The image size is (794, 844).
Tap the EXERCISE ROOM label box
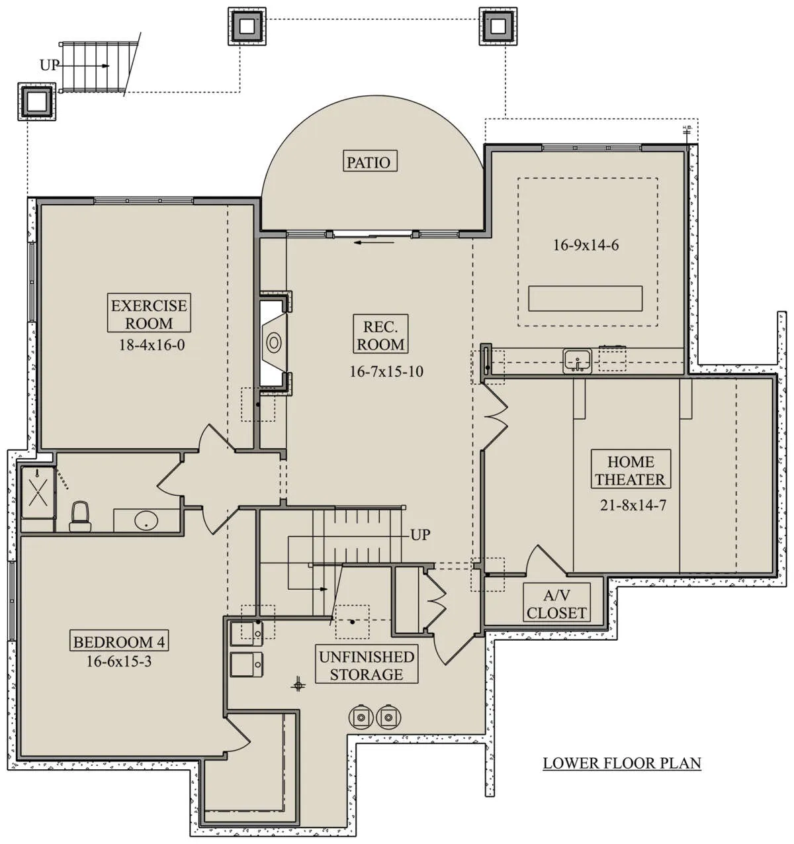point(149,312)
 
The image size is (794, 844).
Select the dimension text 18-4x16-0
point(152,345)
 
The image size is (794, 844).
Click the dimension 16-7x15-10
point(386,371)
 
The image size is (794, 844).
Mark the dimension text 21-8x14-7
point(633,505)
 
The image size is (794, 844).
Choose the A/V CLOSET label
point(556,604)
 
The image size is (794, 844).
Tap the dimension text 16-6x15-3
point(119,661)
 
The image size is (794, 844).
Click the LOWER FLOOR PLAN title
point(622,763)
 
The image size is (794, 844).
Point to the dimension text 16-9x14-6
point(586,245)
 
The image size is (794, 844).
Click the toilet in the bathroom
point(80,516)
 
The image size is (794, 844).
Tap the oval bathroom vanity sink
point(146,520)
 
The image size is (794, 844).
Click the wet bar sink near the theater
point(578,361)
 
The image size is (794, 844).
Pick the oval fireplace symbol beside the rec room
point(273,342)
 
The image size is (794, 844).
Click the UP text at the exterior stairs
point(49,65)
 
